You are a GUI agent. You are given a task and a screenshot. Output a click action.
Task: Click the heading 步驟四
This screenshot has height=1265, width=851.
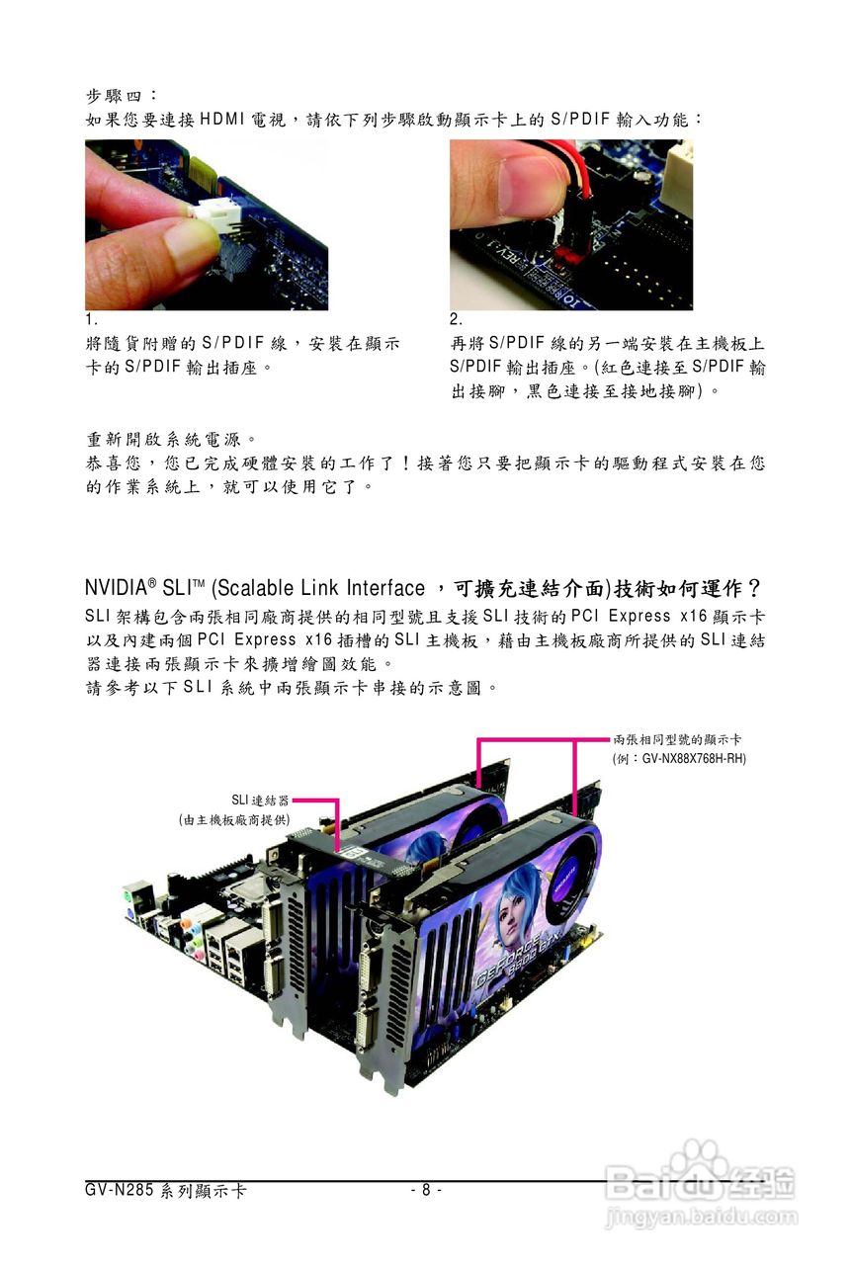(116, 96)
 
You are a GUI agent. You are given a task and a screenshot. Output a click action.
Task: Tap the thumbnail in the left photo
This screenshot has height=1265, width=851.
(189, 241)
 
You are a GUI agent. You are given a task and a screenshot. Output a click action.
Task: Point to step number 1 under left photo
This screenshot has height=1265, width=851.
(90, 320)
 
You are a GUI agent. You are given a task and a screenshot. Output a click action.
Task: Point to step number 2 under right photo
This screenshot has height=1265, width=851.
(456, 320)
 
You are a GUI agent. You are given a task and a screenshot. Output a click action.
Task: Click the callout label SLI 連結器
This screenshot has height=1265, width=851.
(259, 800)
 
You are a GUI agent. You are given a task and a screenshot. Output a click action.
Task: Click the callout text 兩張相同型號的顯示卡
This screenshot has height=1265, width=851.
(678, 739)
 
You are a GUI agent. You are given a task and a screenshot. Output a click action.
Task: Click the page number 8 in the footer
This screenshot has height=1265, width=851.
(425, 1190)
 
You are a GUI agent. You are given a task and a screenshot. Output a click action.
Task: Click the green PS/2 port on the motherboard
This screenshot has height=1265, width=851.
(129, 898)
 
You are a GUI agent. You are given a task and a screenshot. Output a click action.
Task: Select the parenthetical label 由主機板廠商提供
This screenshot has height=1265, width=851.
(234, 819)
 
